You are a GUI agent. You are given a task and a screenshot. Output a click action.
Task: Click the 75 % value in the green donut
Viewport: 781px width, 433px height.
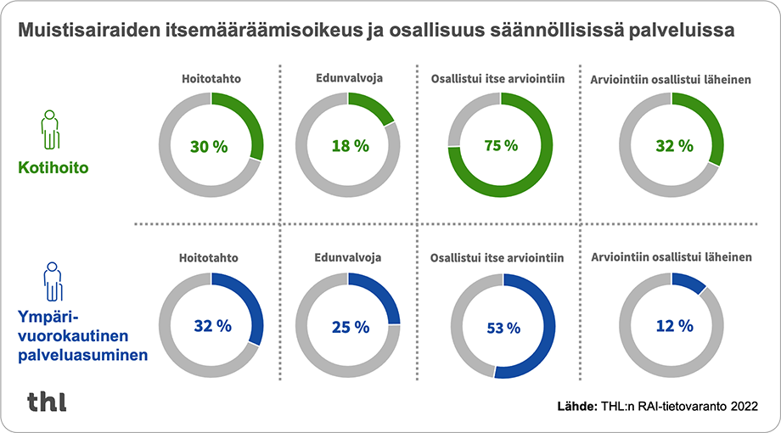(501, 145)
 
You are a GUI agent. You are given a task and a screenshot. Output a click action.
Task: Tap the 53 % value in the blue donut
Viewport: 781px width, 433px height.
(501, 327)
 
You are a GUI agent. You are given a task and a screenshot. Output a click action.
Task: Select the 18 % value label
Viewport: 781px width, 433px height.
(350, 146)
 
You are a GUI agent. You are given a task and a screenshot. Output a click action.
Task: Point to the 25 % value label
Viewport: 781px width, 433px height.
(350, 326)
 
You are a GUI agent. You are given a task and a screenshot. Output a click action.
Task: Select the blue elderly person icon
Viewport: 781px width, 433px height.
(52, 281)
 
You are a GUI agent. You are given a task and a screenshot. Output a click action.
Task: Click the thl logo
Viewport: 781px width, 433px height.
(47, 401)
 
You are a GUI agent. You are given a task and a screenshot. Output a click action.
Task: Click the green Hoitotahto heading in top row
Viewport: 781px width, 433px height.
(211, 79)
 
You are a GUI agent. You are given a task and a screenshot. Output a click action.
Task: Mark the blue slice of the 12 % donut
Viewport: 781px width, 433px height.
(689, 282)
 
